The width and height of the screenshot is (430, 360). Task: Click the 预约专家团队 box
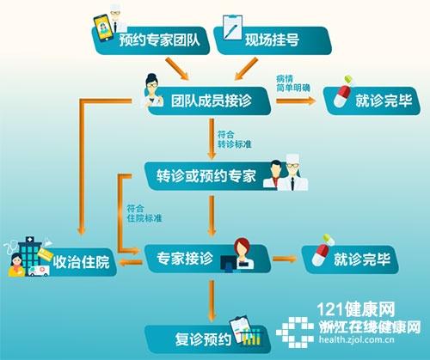click(150, 40)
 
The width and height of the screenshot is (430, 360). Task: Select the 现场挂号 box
click(273, 40)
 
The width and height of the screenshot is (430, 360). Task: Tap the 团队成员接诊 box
click(210, 101)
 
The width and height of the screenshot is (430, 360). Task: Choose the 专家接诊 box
click(207, 259)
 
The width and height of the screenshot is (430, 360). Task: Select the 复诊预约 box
click(207, 339)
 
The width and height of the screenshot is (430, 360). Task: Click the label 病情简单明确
click(293, 83)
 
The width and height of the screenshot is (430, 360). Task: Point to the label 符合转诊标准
click(234, 139)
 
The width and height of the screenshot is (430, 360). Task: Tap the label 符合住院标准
click(144, 213)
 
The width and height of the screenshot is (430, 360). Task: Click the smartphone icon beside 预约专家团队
click(103, 28)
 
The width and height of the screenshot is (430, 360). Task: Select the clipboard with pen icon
click(232, 27)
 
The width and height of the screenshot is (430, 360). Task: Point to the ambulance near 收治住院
click(39, 271)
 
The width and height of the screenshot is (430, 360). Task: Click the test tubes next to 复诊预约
click(252, 338)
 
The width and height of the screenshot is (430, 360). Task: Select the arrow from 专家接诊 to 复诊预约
click(212, 301)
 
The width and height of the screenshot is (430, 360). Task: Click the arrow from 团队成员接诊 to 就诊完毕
click(296, 101)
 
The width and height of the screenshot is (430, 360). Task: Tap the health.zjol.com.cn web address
click(357, 340)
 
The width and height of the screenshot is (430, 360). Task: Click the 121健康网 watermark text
click(355, 309)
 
